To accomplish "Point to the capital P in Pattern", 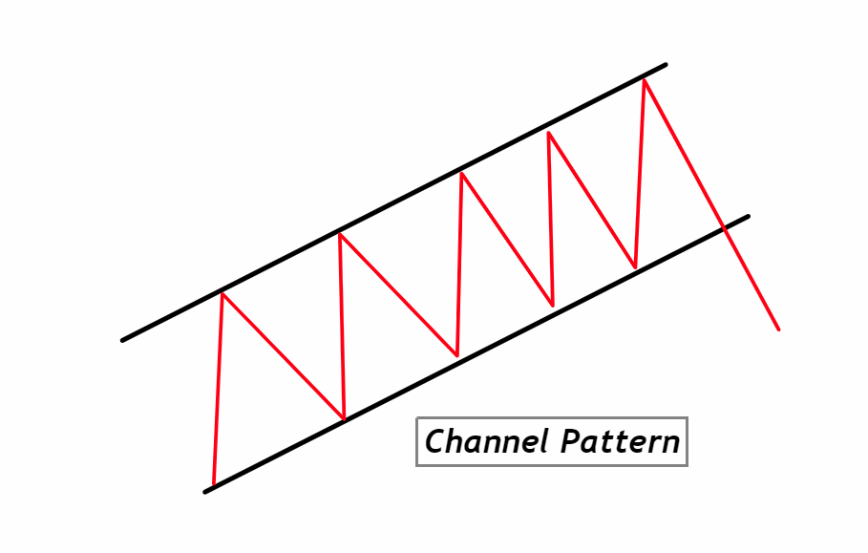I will pyautogui.click(x=569, y=442).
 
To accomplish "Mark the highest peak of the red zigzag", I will pyautogui.click(x=646, y=79).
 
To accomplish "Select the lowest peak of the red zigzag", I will pyautogui.click(x=222, y=292).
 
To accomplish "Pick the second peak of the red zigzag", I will pyautogui.click(x=340, y=233).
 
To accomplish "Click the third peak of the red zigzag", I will pyautogui.click(x=462, y=172).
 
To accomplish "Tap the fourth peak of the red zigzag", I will pyautogui.click(x=548, y=132).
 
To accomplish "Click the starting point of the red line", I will pyautogui.click(x=214, y=485).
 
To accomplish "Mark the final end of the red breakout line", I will pyautogui.click(x=779, y=330).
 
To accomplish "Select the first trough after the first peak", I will pyautogui.click(x=344, y=419).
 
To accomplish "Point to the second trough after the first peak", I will pyautogui.click(x=457, y=356).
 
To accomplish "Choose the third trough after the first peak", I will pyautogui.click(x=553, y=306).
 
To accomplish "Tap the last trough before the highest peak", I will pyautogui.click(x=635, y=268).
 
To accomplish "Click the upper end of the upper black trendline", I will pyautogui.click(x=666, y=65).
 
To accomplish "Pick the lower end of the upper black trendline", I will pyautogui.click(x=123, y=340).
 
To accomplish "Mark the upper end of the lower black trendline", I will pyautogui.click(x=749, y=216).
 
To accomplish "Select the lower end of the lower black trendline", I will pyautogui.click(x=205, y=492).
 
